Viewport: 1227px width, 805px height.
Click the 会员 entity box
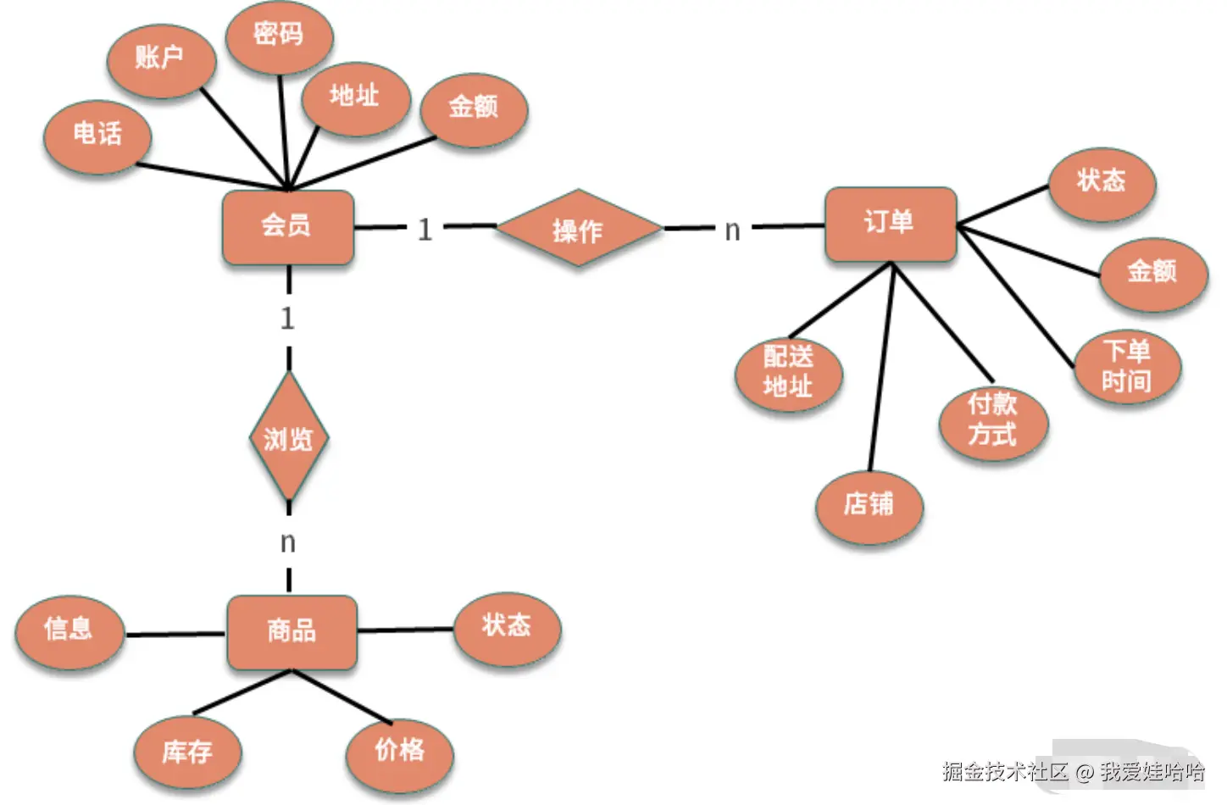287,226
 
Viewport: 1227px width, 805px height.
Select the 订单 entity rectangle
891,224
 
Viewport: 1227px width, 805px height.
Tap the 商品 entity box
291,631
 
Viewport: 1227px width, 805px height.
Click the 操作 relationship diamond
578,229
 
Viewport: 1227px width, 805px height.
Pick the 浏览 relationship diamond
289,438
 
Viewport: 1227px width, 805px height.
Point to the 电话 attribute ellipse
97,136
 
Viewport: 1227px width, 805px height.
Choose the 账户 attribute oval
160,59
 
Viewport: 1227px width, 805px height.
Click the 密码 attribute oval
279,36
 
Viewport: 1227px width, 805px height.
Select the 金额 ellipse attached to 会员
474,108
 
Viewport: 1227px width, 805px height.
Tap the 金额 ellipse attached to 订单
1152,273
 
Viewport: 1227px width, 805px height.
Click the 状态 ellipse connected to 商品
507,627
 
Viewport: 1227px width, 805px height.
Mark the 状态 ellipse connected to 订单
1102,182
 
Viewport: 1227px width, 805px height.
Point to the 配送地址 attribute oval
788,373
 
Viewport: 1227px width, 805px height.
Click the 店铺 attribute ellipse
869,506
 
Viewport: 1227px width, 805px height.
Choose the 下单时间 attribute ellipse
1127,366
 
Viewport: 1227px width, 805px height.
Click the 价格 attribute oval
399,751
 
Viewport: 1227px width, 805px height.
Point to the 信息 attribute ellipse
69,630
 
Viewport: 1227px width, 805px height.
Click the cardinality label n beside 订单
732,230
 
